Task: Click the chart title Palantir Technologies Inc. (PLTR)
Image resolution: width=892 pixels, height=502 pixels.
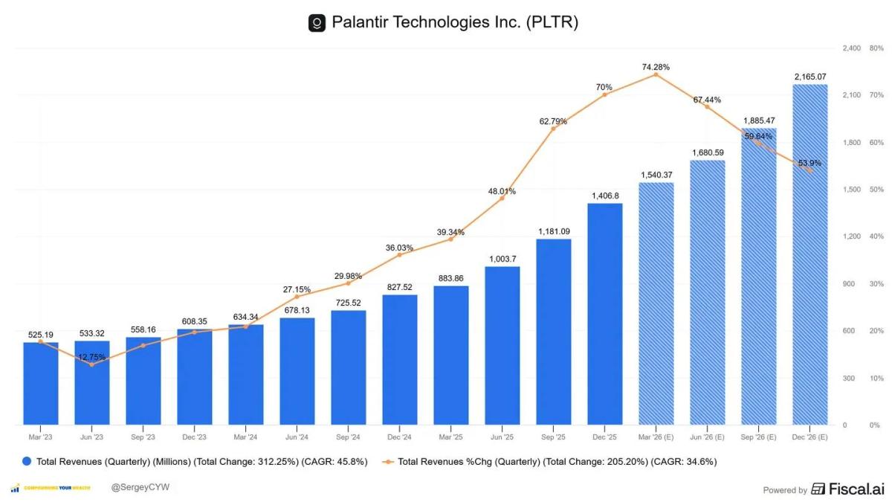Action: coord(454,22)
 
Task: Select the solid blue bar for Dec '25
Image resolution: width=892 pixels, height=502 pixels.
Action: coord(605,314)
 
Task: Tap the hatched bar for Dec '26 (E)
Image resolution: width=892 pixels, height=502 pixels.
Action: coord(809,254)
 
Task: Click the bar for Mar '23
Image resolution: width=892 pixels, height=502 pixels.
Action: coord(41,383)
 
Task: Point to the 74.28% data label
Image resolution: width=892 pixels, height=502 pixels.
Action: coord(656,67)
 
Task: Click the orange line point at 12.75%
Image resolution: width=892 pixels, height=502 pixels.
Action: coord(91,364)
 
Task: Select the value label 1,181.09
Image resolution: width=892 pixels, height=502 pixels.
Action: coord(554,232)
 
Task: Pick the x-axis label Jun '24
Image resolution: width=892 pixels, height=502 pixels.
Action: coord(297,437)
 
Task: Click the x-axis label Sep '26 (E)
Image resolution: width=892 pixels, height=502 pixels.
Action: coord(758,437)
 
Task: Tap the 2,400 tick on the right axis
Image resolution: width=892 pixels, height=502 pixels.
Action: coord(851,48)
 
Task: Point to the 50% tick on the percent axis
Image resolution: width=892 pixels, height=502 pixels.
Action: coord(876,190)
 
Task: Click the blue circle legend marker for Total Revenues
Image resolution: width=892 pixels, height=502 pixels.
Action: coord(27,462)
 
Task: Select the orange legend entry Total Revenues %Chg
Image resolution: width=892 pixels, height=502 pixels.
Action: coord(557,462)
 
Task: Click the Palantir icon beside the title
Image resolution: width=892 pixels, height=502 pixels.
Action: coord(317,23)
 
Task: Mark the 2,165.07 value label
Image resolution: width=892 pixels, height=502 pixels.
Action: coord(809,77)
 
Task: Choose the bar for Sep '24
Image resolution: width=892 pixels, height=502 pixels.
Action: coord(349,367)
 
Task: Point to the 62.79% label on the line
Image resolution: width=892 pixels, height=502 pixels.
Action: coord(553,121)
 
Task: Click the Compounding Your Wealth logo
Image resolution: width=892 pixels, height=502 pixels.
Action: coord(52,488)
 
